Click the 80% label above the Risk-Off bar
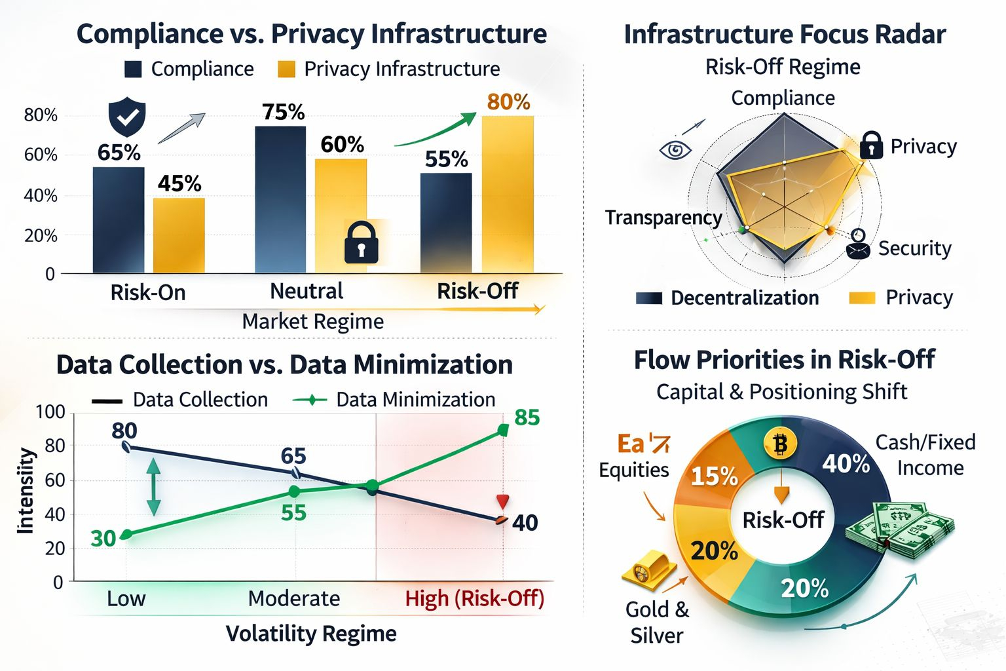[x=508, y=102]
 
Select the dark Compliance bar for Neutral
[x=280, y=199]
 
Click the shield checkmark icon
[x=126, y=117]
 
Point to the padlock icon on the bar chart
[x=361, y=242]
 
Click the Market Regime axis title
[x=312, y=322]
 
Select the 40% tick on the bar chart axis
[x=41, y=195]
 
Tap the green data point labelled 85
[x=503, y=430]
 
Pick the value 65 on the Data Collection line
[x=293, y=456]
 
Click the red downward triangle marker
[x=502, y=502]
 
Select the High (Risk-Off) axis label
[x=474, y=598]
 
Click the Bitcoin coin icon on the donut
[x=780, y=445]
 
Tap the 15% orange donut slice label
[x=714, y=476]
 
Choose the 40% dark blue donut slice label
[x=846, y=464]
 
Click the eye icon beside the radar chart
[x=675, y=150]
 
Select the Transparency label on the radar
[x=663, y=218]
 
